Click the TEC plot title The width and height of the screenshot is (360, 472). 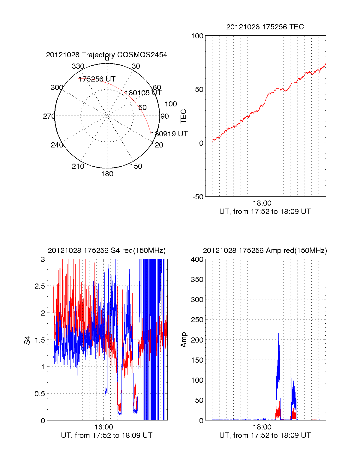click(x=265, y=27)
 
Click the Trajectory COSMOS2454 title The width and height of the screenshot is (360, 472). click(x=106, y=55)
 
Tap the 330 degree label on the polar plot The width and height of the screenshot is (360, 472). click(x=78, y=66)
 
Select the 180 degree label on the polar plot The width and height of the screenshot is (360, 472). click(x=107, y=174)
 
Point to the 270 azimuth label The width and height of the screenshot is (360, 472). click(x=49, y=116)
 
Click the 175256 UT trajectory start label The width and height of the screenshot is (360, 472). click(x=97, y=79)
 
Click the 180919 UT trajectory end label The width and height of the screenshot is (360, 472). click(x=169, y=134)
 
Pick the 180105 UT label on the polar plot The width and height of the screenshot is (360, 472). click(x=143, y=93)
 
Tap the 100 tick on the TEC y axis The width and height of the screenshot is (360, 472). click(x=197, y=36)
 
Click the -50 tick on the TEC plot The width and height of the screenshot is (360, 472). click(x=198, y=197)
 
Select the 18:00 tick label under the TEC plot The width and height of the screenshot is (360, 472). click(x=262, y=203)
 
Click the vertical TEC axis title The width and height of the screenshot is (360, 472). click(x=183, y=116)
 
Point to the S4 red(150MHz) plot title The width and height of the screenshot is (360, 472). click(x=106, y=251)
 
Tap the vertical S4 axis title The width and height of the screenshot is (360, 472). click(x=27, y=340)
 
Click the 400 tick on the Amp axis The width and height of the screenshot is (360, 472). click(x=197, y=260)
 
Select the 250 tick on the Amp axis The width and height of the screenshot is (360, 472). click(x=197, y=320)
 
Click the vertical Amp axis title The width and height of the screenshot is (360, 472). click(x=183, y=340)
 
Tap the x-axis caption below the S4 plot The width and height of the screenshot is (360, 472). click(x=106, y=435)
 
